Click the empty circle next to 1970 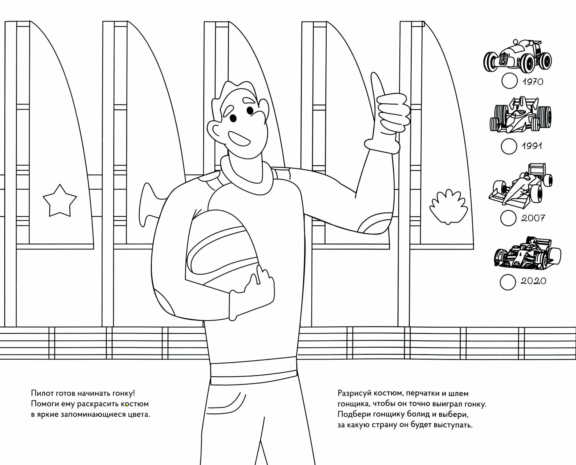509,81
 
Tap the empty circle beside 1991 509,146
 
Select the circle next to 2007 508,218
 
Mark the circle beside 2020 508,281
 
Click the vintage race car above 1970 517,59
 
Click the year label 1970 533,82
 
